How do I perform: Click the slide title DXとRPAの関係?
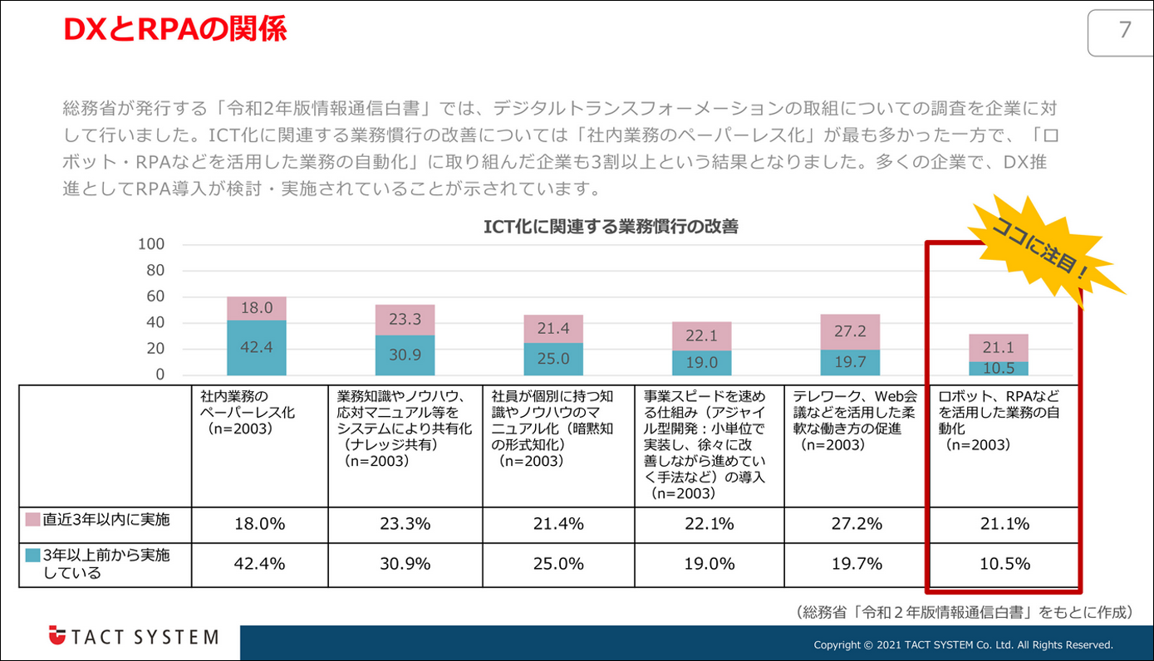[175, 30]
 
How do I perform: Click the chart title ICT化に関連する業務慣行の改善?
[611, 227]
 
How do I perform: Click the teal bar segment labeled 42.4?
[256, 347]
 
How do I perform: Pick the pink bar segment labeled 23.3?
[405, 320]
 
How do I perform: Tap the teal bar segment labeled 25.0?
[552, 359]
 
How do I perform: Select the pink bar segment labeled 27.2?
[849, 332]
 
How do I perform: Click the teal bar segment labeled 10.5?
[998, 368]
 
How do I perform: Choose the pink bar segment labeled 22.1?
[701, 336]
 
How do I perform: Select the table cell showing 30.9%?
[405, 564]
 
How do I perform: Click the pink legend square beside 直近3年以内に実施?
[33, 521]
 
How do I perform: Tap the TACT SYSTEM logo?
[133, 637]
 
